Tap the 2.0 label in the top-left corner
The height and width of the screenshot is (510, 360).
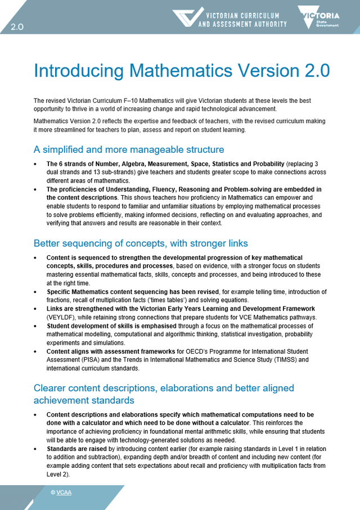17,27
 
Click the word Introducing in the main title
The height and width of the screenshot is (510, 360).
79,71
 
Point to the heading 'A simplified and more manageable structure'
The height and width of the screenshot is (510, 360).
129,150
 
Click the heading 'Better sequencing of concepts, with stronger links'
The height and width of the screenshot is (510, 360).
141,243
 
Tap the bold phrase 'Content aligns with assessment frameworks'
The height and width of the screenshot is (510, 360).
111,351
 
